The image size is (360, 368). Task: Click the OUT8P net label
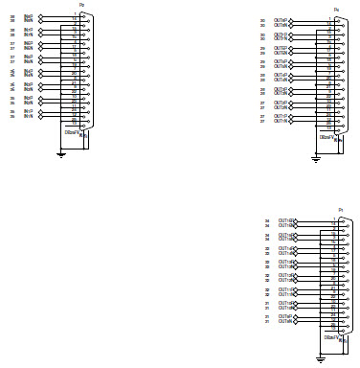pyautogui.click(x=281, y=18)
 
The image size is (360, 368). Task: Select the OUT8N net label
pyautogui.click(x=281, y=23)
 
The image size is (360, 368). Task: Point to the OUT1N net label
pyautogui.click(x=281, y=121)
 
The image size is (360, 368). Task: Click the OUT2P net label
pyautogui.click(x=281, y=102)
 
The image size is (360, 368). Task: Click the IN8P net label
pyautogui.click(x=29, y=15)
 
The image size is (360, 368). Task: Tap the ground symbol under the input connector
pyautogui.click(x=61, y=152)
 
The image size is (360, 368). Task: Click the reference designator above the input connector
pyautogui.click(x=80, y=5)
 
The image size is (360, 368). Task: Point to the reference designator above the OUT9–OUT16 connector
pyautogui.click(x=341, y=208)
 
